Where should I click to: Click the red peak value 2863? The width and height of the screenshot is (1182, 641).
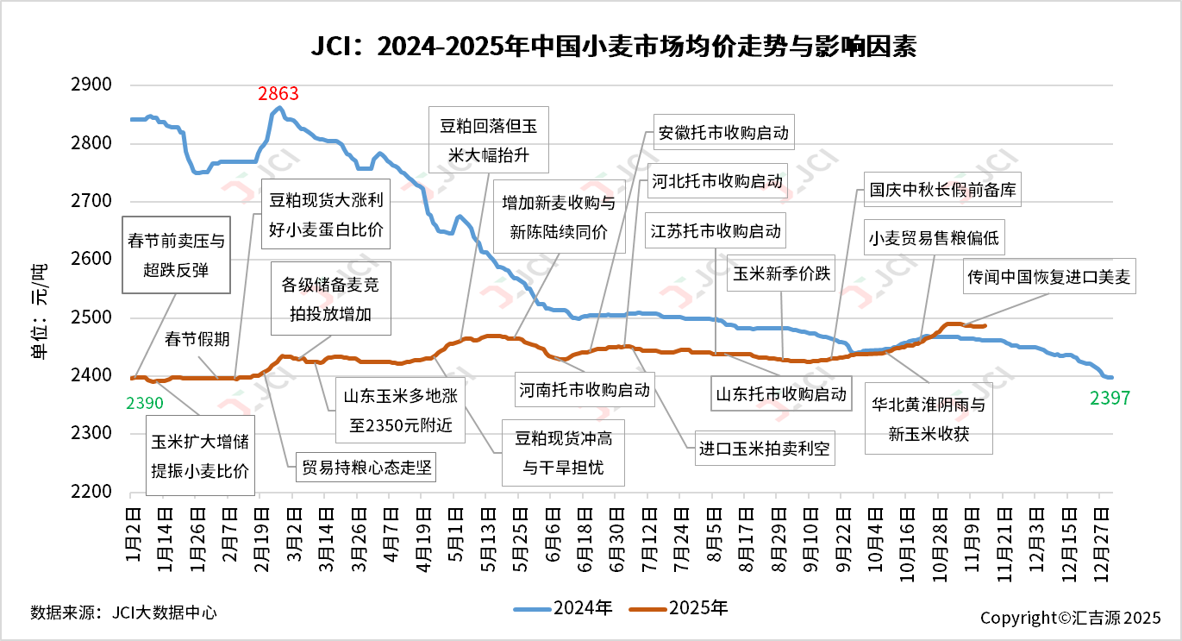tap(278, 94)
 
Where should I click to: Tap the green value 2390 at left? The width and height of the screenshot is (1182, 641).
tap(144, 403)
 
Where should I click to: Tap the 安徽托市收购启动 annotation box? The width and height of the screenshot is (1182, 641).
tap(722, 134)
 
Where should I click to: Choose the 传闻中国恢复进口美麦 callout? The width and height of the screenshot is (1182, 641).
tap(1048, 278)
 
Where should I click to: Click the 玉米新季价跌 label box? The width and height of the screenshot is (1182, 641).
tap(781, 274)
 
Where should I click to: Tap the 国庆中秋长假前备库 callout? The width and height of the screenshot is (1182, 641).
tap(943, 190)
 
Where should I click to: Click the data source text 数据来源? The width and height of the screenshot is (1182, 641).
tap(122, 613)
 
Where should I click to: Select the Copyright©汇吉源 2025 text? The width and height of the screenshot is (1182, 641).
tap(1070, 618)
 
